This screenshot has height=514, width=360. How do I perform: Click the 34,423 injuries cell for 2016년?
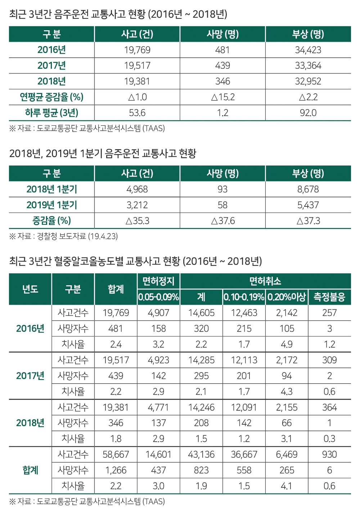(308, 50)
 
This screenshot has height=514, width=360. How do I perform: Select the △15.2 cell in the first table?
(222, 97)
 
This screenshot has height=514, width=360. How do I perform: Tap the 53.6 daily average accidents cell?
(137, 113)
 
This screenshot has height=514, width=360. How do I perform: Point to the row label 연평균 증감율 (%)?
(51, 97)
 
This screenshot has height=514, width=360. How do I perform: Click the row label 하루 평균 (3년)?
(51, 113)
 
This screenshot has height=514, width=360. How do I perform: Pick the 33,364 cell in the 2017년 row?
(308, 66)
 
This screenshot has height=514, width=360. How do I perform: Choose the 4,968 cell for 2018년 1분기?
(137, 189)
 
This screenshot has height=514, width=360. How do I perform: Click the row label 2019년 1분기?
(51, 205)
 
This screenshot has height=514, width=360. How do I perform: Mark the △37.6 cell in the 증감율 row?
(222, 221)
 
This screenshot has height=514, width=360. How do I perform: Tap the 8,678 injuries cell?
(308, 189)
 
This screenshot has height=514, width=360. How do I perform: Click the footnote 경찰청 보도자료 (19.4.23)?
(63, 236)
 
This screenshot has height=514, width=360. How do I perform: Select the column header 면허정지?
(158, 281)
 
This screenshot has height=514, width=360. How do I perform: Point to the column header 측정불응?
(329, 297)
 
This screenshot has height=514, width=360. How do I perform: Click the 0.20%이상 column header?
(287, 297)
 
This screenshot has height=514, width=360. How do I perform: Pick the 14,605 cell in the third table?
(201, 313)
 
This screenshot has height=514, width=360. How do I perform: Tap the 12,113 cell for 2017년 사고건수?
(244, 360)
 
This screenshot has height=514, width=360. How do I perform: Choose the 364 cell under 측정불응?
(329, 407)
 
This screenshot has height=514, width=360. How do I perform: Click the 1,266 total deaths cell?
(116, 470)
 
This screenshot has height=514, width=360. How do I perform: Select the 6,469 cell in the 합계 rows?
(287, 455)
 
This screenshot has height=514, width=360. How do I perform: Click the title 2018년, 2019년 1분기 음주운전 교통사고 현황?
(103, 154)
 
